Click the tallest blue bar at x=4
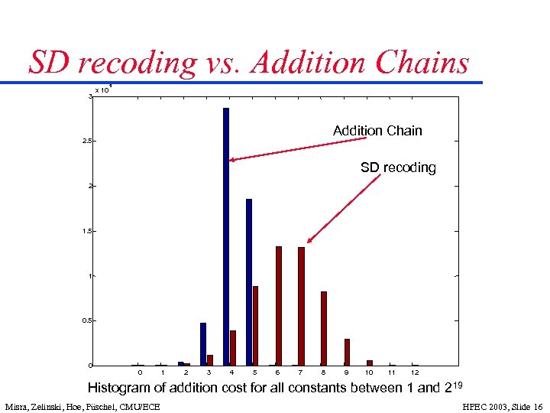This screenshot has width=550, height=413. tap(226, 237)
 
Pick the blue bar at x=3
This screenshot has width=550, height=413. tap(203, 344)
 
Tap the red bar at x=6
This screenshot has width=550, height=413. tap(279, 306)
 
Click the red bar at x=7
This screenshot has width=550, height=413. tap(302, 306)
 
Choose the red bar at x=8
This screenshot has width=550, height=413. tap(324, 329)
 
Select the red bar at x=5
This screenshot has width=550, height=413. tap(256, 326)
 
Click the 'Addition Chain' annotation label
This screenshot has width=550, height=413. tap(377, 131)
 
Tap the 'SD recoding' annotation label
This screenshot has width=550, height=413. tap(398, 167)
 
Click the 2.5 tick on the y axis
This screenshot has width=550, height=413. tap(89, 141)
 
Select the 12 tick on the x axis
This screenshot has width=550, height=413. tap(415, 372)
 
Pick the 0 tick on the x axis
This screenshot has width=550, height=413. tap(140, 372)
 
